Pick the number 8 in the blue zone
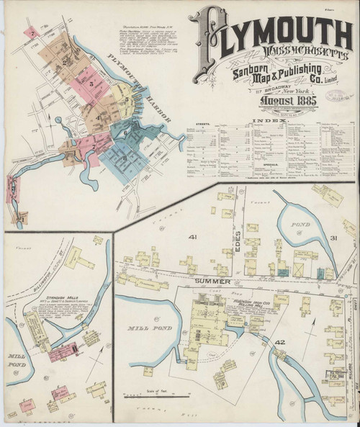(124, 158)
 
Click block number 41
(192, 236)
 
